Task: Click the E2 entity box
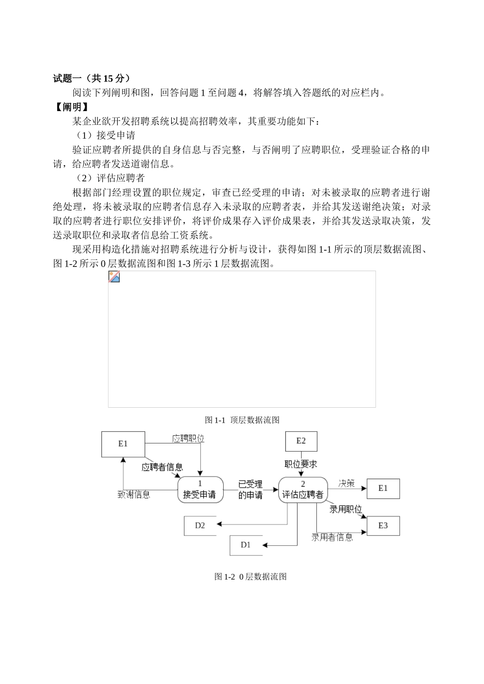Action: [301, 441]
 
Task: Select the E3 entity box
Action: [383, 525]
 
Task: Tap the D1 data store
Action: [246, 545]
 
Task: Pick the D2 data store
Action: [200, 525]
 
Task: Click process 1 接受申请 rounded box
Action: [200, 489]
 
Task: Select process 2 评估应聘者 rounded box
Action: [303, 489]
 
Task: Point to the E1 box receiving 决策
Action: [383, 488]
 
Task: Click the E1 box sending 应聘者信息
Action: [123, 444]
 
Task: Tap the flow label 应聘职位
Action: [188, 438]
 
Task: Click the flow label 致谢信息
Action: [134, 494]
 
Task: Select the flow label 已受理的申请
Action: [250, 489]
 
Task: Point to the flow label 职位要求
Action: [301, 464]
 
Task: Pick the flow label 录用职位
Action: [345, 509]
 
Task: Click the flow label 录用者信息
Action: [332, 537]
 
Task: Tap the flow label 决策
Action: [346, 483]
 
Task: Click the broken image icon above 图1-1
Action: [114, 277]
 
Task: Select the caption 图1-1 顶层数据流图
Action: [242, 420]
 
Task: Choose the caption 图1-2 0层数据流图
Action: [251, 576]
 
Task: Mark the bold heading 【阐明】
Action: [71, 107]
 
